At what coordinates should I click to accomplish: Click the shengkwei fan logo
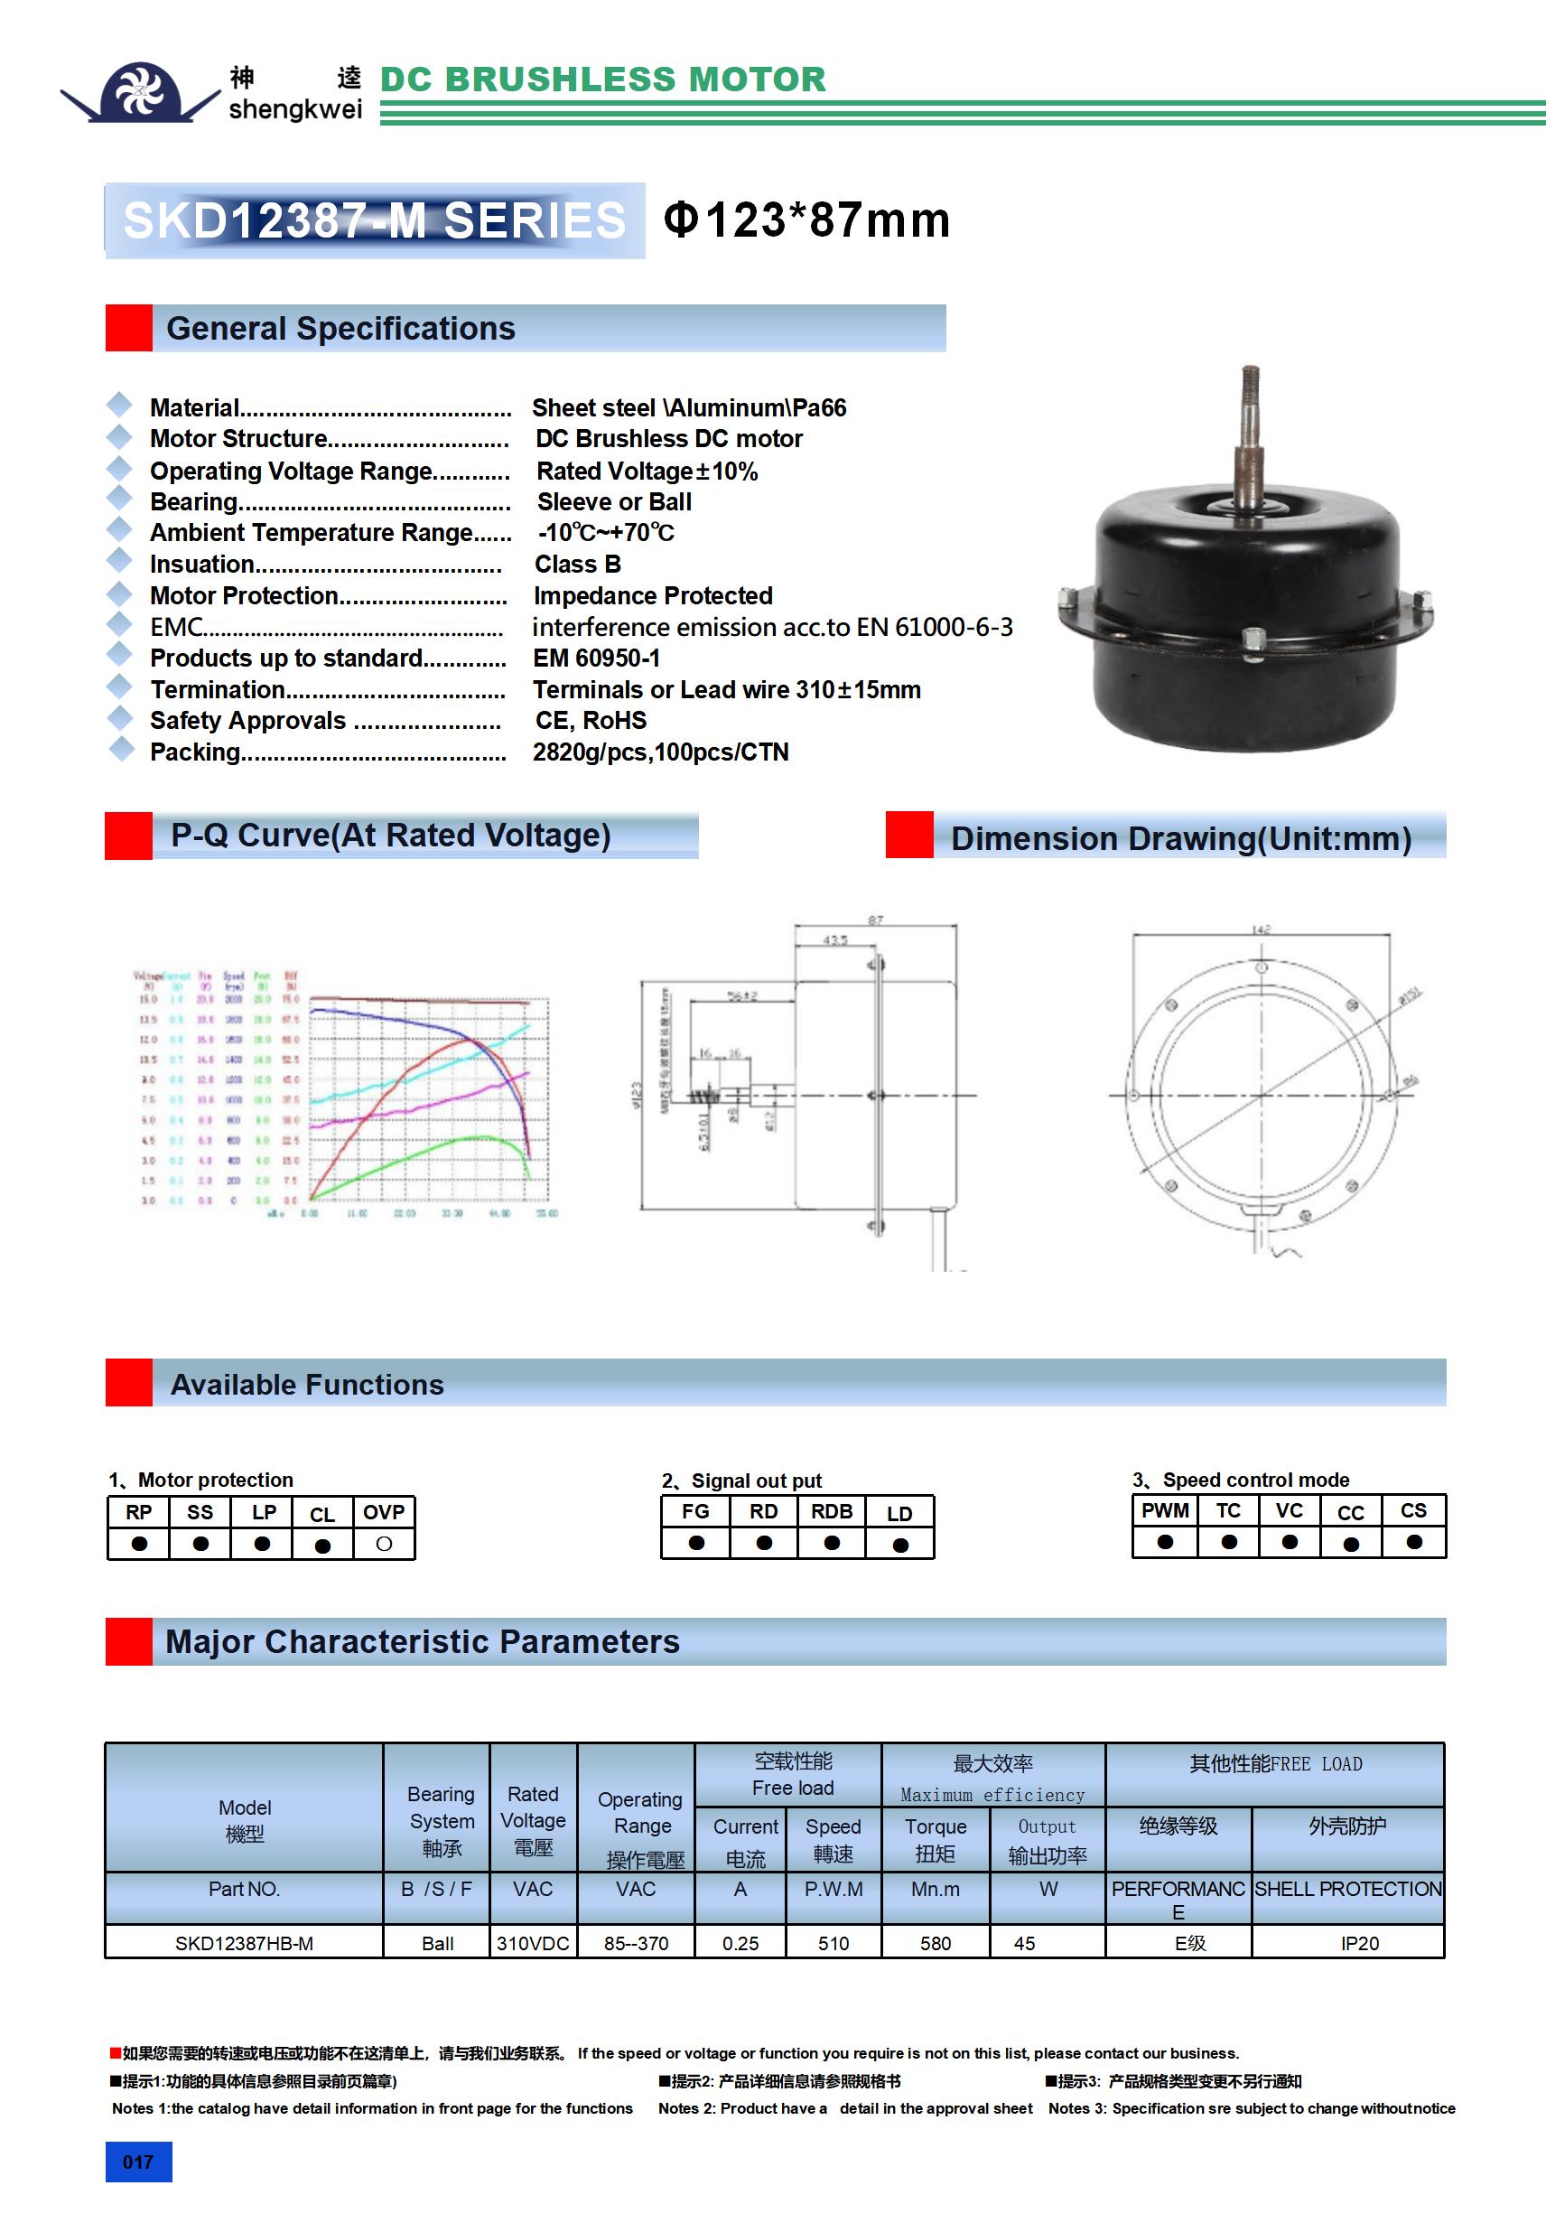pyautogui.click(x=140, y=92)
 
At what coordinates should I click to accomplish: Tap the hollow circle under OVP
pyautogui.click(x=385, y=1544)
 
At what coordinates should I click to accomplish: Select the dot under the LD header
pyautogui.click(x=900, y=1545)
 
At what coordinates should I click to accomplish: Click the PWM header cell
pyautogui.click(x=1165, y=1510)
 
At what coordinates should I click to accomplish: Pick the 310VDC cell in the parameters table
pyautogui.click(x=533, y=1942)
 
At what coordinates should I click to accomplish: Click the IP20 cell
pyautogui.click(x=1359, y=1942)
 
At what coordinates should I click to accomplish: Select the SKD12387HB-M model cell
pyautogui.click(x=244, y=1942)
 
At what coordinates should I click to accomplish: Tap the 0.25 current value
pyautogui.click(x=740, y=1942)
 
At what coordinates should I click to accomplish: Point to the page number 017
pyautogui.click(x=138, y=2161)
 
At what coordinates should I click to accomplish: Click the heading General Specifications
pyautogui.click(x=340, y=328)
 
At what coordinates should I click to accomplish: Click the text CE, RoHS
pyautogui.click(x=591, y=720)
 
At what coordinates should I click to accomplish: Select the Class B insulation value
pyautogui.click(x=577, y=564)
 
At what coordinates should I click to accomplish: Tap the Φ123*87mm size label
pyautogui.click(x=806, y=219)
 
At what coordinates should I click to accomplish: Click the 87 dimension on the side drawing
pyautogui.click(x=875, y=920)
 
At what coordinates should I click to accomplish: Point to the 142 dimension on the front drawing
pyautogui.click(x=1261, y=929)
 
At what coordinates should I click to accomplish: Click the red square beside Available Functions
pyautogui.click(x=129, y=1383)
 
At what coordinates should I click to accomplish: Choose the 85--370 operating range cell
pyautogui.click(x=635, y=1942)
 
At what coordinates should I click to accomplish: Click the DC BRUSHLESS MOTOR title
pyautogui.click(x=603, y=79)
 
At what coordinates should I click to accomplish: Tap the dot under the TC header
pyautogui.click(x=1228, y=1541)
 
